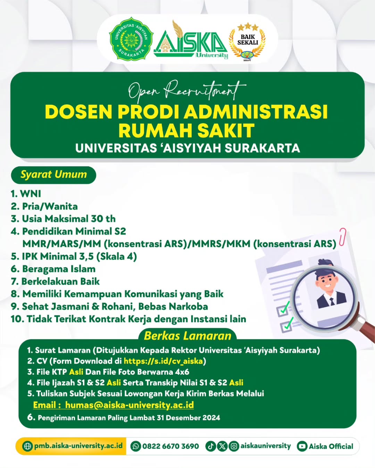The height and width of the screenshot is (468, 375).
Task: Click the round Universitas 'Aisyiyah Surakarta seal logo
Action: pyautogui.click(x=131, y=39)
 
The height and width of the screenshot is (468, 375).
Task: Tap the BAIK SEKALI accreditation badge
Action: pyautogui.click(x=247, y=41)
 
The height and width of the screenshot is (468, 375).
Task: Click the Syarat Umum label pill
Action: pyautogui.click(x=53, y=174)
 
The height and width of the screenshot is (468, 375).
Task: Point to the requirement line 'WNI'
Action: pyautogui.click(x=30, y=193)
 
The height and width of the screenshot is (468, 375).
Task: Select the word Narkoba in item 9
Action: pyautogui.click(x=191, y=306)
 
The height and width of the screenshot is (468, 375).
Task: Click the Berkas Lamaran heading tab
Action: pyautogui.click(x=187, y=336)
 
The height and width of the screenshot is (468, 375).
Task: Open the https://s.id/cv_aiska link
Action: pyautogui.click(x=163, y=361)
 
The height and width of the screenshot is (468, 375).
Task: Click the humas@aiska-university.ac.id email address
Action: pyautogui.click(x=129, y=405)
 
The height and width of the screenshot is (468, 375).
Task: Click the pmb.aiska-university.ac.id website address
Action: pyautogui.click(x=78, y=446)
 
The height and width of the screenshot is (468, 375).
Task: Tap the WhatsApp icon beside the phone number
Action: pyautogui.click(x=135, y=446)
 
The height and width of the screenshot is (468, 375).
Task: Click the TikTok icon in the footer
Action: pyautogui.click(x=210, y=446)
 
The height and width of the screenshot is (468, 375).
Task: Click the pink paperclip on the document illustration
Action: pyautogui.click(x=342, y=236)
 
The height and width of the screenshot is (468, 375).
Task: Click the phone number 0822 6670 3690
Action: pyautogui.click(x=170, y=446)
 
